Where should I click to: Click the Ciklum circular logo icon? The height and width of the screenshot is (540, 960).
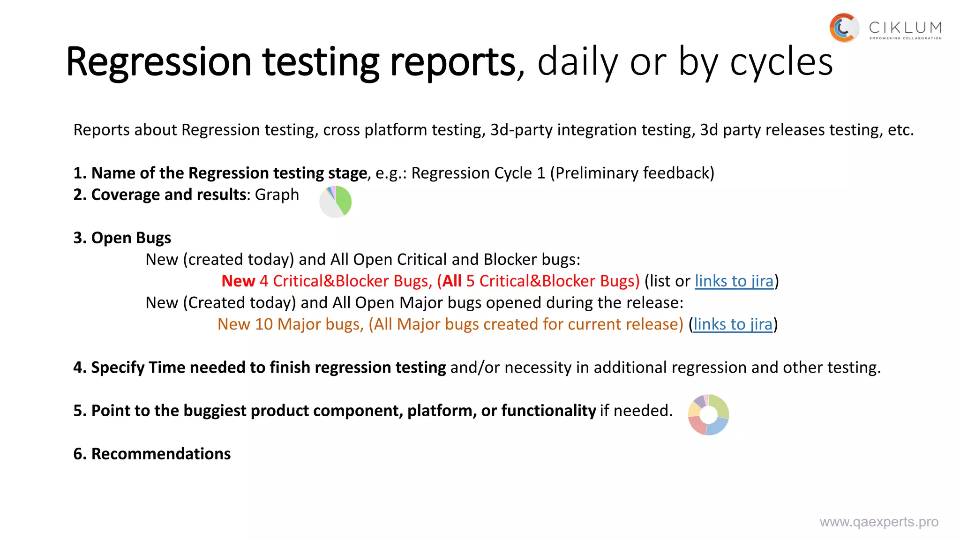click(844, 28)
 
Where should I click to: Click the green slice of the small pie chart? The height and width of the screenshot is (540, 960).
click(344, 199)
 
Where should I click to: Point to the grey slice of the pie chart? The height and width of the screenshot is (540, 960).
click(329, 206)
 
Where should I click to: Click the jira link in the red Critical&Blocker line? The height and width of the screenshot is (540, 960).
click(734, 281)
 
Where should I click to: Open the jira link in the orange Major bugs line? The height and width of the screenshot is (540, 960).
click(733, 324)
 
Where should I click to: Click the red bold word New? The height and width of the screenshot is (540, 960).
click(238, 281)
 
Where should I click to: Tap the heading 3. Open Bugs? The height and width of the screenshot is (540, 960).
click(122, 238)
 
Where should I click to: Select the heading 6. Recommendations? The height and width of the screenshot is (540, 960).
click(152, 454)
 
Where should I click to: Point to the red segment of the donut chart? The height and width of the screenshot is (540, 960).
click(697, 425)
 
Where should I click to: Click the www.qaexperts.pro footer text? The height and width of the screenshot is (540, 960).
click(879, 522)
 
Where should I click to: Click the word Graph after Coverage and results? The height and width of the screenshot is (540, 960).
click(277, 195)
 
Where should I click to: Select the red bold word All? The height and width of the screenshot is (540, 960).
click(452, 281)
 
